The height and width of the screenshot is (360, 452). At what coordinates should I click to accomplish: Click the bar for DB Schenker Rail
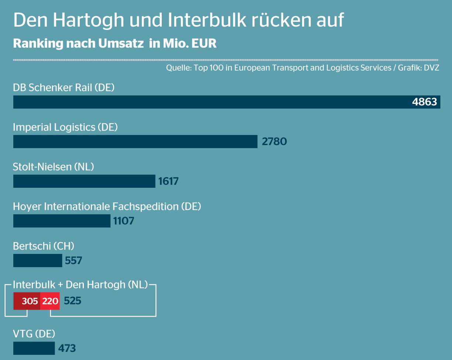(x=210, y=102)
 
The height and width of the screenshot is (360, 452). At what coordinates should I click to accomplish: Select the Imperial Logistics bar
(x=135, y=142)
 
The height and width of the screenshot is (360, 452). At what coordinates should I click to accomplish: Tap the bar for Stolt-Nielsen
(x=84, y=181)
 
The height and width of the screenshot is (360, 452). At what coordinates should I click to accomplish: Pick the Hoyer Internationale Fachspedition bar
(x=62, y=221)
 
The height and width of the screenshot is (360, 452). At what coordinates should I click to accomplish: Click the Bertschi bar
(x=38, y=261)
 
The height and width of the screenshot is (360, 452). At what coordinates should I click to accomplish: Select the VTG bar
(x=34, y=348)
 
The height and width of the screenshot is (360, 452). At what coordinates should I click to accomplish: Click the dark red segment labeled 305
(x=27, y=301)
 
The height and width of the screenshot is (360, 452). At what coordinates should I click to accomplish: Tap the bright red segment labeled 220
(x=50, y=301)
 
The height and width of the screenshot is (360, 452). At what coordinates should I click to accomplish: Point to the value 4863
(x=424, y=102)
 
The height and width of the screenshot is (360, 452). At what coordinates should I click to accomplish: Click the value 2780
(x=274, y=142)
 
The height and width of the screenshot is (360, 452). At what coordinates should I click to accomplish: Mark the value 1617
(x=168, y=181)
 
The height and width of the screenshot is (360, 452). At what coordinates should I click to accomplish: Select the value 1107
(x=124, y=221)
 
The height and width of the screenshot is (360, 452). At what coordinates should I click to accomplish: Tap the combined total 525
(x=73, y=301)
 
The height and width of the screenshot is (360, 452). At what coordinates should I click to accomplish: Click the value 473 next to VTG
(x=67, y=348)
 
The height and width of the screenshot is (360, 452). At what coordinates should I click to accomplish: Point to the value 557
(x=73, y=261)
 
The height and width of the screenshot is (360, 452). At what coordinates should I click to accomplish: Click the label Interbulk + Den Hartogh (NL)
(x=80, y=285)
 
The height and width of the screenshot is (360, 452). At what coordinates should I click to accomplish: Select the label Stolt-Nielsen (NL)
(x=54, y=167)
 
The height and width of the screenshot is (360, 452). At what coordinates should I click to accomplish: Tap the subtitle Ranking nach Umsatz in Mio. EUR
(x=114, y=43)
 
